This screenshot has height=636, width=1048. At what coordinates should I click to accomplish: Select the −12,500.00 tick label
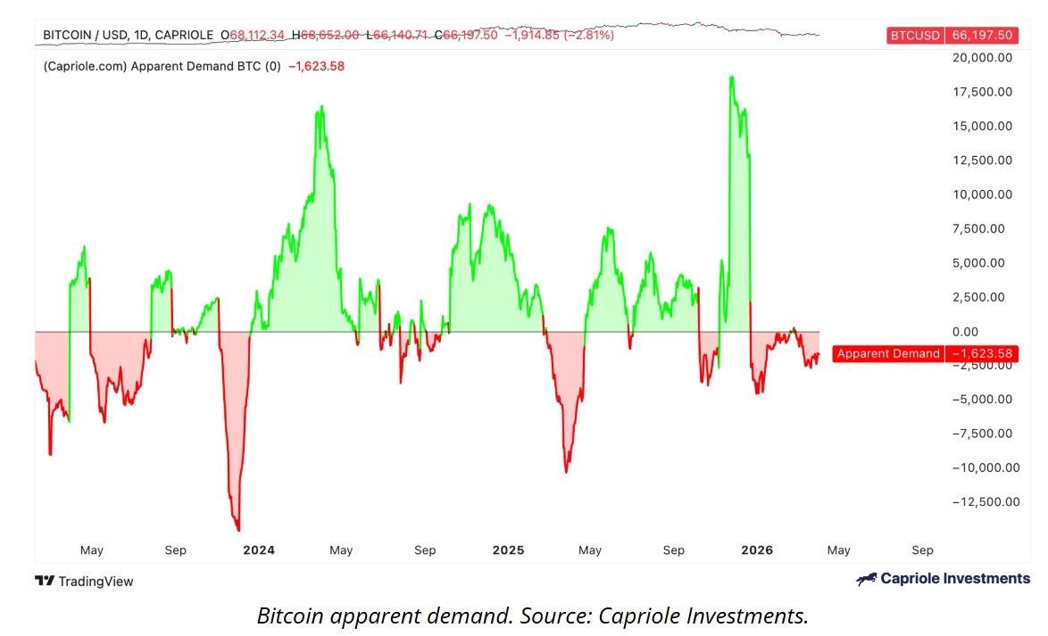(980, 502)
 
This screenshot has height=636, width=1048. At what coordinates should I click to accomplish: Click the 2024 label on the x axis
(259, 550)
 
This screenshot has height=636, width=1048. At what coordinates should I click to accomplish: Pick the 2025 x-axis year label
(508, 550)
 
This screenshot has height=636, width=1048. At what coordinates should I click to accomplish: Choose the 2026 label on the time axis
(757, 550)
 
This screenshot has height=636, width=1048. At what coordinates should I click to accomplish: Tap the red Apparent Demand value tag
(924, 354)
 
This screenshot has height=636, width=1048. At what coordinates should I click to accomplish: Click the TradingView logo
(84, 582)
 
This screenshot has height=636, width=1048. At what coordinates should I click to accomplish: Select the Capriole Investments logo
(943, 579)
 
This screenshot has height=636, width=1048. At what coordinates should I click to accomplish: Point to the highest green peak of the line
(731, 78)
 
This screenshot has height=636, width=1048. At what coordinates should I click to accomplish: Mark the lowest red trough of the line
(237, 530)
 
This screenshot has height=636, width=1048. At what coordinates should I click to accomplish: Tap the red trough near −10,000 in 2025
(566, 471)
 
